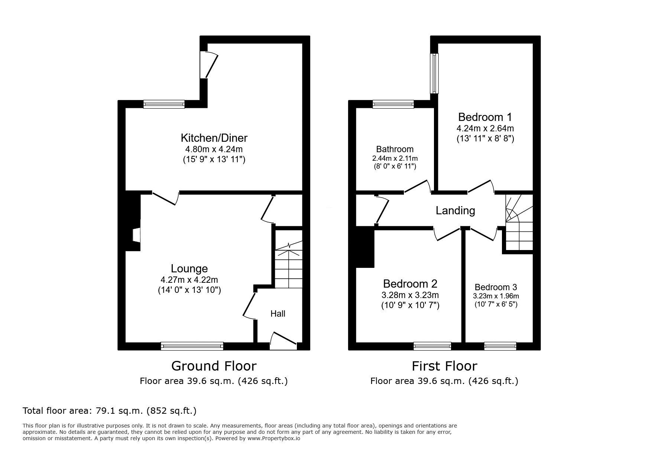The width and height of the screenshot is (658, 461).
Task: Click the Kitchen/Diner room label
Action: click(x=214, y=138)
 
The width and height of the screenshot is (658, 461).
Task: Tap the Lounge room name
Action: click(x=189, y=268)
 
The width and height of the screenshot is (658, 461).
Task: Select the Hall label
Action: click(x=278, y=314)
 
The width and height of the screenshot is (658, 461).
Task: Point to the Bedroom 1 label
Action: click(x=485, y=117)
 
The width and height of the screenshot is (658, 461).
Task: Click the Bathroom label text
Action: click(x=395, y=149)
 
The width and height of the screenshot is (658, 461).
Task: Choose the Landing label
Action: click(x=455, y=211)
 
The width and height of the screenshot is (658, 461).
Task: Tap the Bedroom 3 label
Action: click(x=496, y=287)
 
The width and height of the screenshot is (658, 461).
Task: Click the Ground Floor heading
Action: click(x=214, y=366)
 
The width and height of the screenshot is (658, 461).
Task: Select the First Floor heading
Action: click(x=444, y=366)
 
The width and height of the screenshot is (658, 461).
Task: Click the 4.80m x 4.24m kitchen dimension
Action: click(x=214, y=150)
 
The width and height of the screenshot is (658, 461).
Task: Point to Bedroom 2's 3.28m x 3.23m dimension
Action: click(x=410, y=295)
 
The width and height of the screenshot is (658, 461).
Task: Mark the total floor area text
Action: click(x=110, y=411)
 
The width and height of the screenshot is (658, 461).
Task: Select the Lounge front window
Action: click(x=192, y=346)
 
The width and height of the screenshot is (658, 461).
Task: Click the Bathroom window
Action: click(x=393, y=104)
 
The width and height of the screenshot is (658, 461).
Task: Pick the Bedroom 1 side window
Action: click(x=434, y=73)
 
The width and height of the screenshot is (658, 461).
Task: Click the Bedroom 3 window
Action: click(x=500, y=346)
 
